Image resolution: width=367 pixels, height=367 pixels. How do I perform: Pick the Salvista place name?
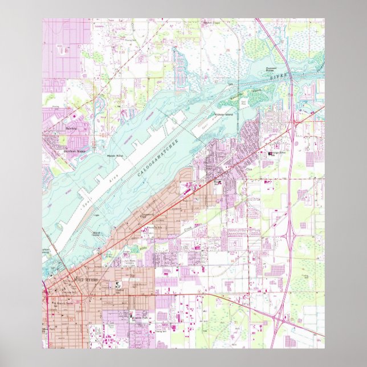(x=71, y=129)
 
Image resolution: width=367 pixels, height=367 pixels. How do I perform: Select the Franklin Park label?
(x=138, y=315)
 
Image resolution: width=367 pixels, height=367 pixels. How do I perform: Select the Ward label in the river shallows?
(x=96, y=232)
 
